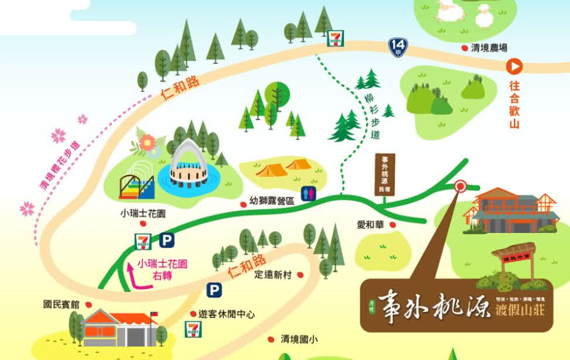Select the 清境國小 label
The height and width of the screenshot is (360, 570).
coord(299,339)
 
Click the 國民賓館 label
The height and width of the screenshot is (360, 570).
coord(61,304)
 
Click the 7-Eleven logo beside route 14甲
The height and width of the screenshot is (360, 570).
coord(335,38)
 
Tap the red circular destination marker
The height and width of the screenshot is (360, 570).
coord(460,187)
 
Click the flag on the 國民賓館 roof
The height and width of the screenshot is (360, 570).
coord(155,314)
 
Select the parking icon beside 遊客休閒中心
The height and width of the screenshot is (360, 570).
coord(213,290)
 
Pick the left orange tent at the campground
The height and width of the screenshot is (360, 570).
coord(271,170)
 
